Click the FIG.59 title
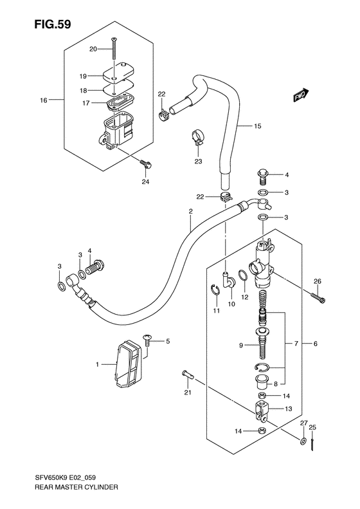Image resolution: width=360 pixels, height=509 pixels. point(52,24)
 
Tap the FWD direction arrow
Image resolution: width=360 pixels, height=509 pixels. point(301,95)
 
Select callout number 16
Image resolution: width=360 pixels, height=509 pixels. point(44,100)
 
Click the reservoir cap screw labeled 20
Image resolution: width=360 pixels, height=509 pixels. point(114,49)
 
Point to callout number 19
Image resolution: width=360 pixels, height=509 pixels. point(83,77)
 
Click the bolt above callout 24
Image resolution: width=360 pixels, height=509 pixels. point(145,164)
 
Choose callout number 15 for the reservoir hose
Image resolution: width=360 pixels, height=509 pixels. point(257,126)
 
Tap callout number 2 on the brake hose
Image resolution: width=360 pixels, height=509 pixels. point(191,211)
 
